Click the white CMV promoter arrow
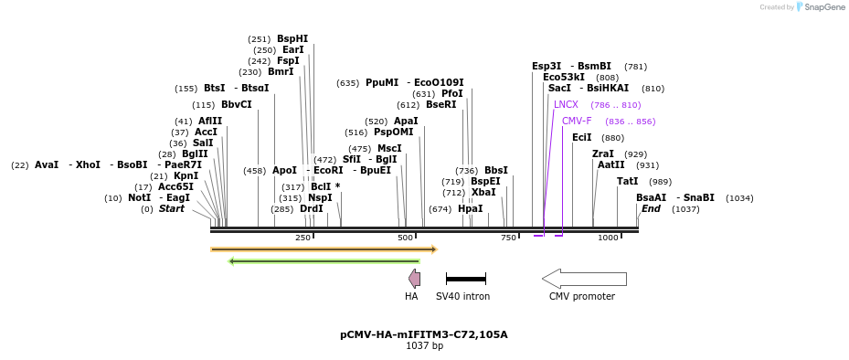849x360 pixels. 584,279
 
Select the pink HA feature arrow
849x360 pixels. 415,279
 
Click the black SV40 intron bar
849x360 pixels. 465,279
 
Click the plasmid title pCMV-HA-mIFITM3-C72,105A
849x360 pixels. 424,334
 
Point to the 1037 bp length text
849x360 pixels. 424,346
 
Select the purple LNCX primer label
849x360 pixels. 566,105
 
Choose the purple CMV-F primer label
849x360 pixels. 577,122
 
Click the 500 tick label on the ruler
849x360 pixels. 406,238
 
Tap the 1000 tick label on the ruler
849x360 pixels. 608,238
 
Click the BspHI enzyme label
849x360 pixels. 292,39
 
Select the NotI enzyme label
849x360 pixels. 139,198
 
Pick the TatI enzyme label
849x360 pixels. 628,182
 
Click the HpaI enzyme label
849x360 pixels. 470,209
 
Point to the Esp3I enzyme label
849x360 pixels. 547,67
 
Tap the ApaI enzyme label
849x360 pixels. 406,122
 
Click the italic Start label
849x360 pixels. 171,209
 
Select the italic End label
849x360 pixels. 651,209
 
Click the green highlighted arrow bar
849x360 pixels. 324,261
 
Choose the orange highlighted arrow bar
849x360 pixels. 324,249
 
